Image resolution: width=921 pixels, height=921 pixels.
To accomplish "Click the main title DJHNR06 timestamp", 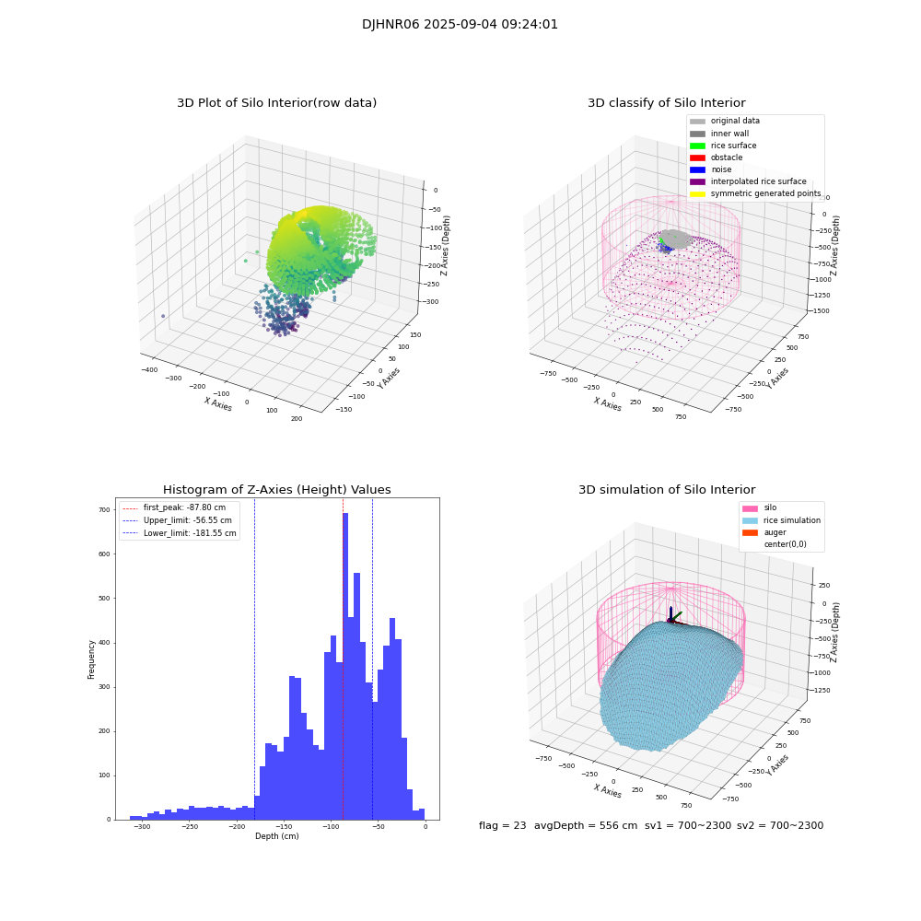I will (x=460, y=25).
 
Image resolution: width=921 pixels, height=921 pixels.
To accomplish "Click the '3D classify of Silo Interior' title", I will (x=666, y=103).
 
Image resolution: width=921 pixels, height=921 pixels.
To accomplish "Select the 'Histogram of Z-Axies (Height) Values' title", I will (x=276, y=490).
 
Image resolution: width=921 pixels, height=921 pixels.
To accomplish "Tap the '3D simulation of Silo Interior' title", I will (x=666, y=490).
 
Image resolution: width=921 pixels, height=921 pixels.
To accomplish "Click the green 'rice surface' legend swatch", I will (x=697, y=146).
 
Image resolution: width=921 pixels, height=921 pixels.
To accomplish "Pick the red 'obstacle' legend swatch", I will (x=697, y=157).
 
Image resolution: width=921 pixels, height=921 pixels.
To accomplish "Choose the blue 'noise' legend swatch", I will (x=697, y=169).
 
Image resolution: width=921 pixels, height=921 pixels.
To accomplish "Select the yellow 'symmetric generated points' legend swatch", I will (x=697, y=193).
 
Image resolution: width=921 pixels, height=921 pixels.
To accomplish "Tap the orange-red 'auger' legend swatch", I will (x=750, y=532).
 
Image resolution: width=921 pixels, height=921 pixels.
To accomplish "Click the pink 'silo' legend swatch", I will (x=750, y=507).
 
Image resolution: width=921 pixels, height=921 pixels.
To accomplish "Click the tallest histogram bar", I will (x=345, y=663).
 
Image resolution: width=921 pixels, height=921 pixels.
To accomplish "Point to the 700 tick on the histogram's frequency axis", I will (x=103, y=509).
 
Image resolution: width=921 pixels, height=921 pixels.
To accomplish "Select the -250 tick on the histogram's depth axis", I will (x=190, y=827).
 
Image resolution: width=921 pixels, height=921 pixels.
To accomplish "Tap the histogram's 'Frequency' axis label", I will (x=92, y=659).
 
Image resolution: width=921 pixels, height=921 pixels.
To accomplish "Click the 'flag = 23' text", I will (x=502, y=826).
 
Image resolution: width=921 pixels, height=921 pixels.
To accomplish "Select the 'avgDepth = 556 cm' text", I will (x=586, y=826).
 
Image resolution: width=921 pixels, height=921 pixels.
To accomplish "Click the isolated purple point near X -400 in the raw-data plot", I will (x=163, y=316).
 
